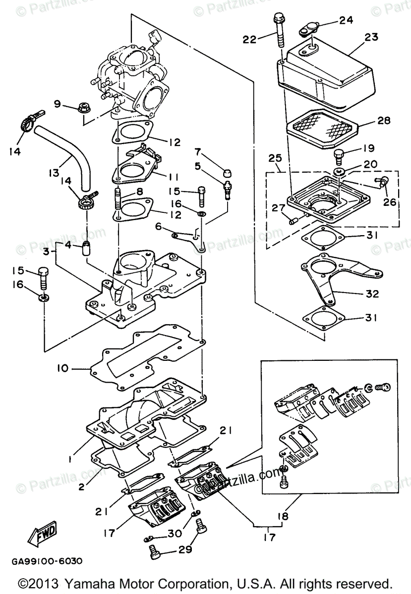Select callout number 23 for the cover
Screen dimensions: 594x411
371,37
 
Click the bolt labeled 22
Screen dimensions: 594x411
279,34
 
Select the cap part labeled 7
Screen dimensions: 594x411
228,172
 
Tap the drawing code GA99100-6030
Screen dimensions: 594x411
48,561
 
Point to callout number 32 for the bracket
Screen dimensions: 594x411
372,294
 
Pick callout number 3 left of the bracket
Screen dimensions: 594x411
46,252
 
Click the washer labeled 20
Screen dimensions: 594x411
339,172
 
